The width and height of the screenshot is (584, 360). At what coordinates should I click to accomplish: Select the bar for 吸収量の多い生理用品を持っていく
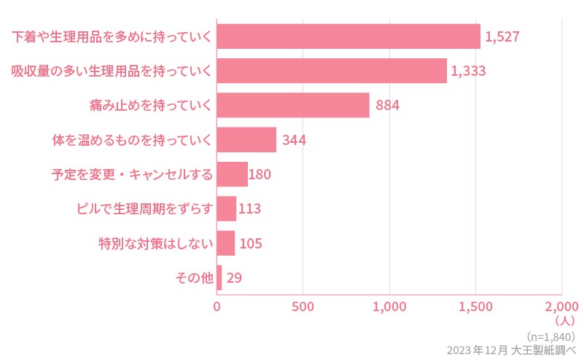tap(332, 71)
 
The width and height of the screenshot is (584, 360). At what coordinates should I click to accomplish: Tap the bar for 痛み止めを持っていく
tap(293, 105)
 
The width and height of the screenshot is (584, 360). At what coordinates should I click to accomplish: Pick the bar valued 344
tap(246, 139)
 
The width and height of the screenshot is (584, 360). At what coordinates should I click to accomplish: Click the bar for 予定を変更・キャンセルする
tap(233, 174)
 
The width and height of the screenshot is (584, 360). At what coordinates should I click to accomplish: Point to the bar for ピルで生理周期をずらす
tap(227, 208)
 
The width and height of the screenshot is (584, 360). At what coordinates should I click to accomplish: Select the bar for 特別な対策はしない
tap(226, 243)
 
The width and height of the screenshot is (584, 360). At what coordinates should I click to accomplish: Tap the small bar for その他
tap(219, 278)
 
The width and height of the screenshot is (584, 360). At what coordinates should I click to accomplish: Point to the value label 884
tap(387, 105)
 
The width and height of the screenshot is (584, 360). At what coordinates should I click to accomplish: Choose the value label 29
tap(234, 278)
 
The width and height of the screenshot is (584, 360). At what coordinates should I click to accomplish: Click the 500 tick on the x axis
tap(303, 306)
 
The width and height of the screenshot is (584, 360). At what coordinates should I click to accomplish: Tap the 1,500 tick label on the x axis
tap(475, 306)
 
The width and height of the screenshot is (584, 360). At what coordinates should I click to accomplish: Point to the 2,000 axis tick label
tap(561, 306)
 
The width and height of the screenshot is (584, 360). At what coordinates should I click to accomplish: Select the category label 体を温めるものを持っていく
tap(133, 139)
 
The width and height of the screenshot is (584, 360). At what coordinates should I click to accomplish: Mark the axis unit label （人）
tap(565, 320)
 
